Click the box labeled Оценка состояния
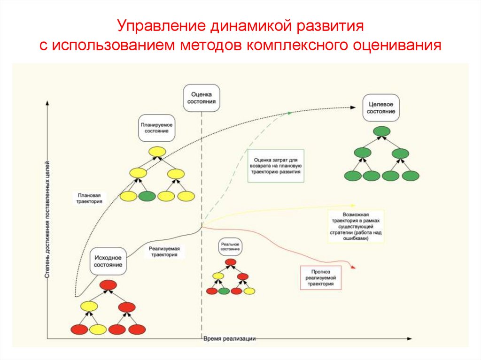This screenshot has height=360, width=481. coord(202,98)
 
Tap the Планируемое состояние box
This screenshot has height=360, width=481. coord(156,128)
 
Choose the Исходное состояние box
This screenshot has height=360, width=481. coord(109,261)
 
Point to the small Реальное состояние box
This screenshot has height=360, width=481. coord(231,248)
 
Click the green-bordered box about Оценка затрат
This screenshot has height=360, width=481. coord(276,166)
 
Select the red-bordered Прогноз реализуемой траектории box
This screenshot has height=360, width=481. coord(321,277)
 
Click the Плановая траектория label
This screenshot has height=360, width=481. coord(89,198)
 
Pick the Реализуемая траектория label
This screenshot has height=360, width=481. coord(164,252)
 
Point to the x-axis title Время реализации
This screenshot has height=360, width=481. coord(230,338)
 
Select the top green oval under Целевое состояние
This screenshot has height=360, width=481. coord(381,131)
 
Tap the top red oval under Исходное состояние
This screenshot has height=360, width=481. coord(109,284)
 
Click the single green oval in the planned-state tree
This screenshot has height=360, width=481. coord(147,196)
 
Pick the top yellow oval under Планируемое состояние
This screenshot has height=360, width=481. coord(156,152)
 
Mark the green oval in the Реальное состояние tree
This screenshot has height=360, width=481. coord(224,291)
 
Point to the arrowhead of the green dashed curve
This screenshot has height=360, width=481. coord(290,113)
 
